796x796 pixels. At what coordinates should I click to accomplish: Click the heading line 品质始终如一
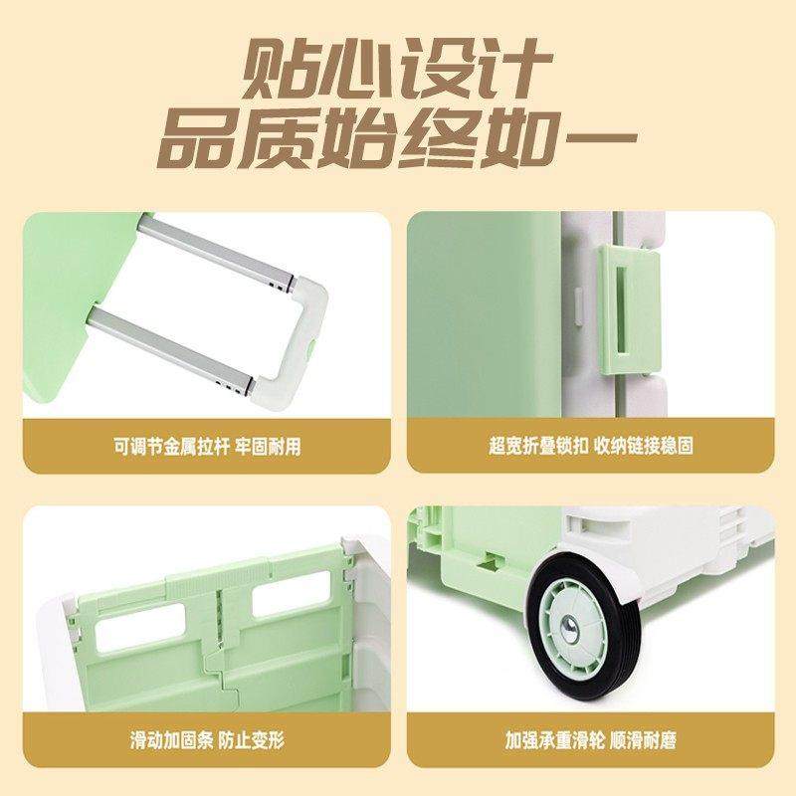[397, 142]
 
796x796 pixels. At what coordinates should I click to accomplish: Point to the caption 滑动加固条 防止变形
[206, 741]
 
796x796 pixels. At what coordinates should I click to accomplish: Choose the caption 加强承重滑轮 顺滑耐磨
[591, 741]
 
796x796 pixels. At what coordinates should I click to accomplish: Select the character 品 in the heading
[199, 142]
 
